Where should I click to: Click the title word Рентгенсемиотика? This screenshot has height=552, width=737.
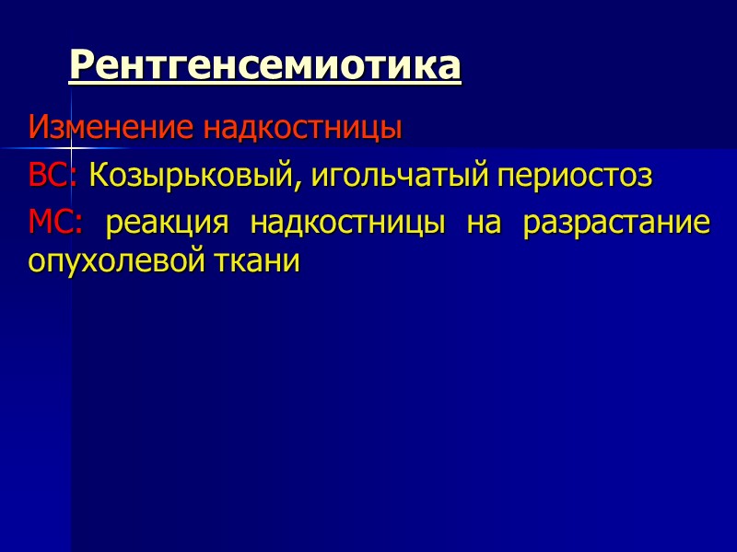pos(265,65)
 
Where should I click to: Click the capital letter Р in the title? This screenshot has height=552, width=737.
pos(81,65)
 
